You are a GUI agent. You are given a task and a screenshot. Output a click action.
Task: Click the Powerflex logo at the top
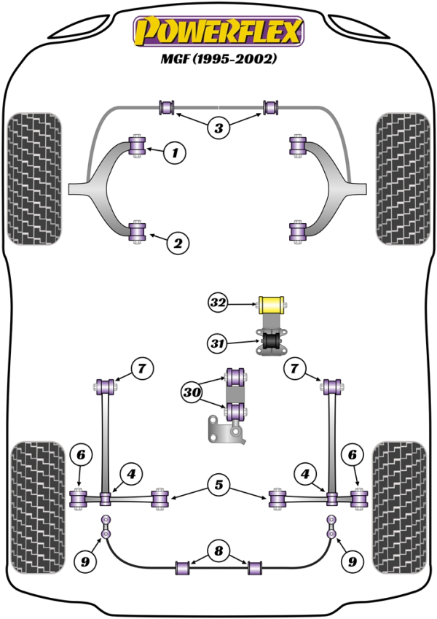[x=217, y=31]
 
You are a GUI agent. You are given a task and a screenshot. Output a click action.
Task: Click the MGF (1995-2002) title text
[x=218, y=59]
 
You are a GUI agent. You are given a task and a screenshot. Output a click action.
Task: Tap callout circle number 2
[x=177, y=243]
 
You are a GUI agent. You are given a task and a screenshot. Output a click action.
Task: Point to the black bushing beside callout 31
[x=272, y=341]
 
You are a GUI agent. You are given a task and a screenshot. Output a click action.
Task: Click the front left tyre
[x=34, y=177]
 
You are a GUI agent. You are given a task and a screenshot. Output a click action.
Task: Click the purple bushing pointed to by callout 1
[x=137, y=145]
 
